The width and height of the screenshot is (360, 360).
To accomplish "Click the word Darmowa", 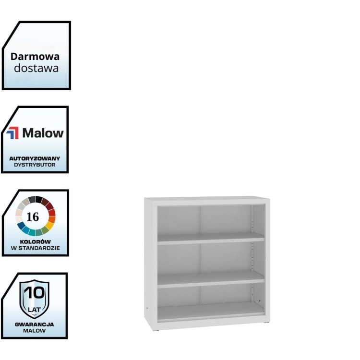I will [x=36, y=56].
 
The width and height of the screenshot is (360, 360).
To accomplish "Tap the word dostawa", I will [x=36, y=68].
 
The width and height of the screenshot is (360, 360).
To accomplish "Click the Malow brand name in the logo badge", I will [x=43, y=133].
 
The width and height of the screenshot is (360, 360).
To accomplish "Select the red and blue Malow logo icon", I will [x=13, y=133].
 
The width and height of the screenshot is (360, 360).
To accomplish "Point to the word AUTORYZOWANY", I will [x=35, y=158].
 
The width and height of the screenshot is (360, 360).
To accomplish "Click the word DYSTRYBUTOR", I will [x=35, y=165].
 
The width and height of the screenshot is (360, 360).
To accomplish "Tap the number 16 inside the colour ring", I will [x=33, y=217].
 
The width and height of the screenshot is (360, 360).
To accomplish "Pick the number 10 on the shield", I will [x=35, y=293].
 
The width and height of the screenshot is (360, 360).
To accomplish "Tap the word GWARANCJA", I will [x=35, y=324].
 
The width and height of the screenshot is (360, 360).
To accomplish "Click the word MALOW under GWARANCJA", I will [x=35, y=331].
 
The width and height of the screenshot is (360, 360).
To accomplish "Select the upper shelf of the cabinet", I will [x=211, y=239].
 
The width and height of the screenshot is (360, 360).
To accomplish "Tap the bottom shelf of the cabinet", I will [x=211, y=312].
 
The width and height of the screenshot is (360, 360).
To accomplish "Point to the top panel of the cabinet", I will [x=206, y=200].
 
